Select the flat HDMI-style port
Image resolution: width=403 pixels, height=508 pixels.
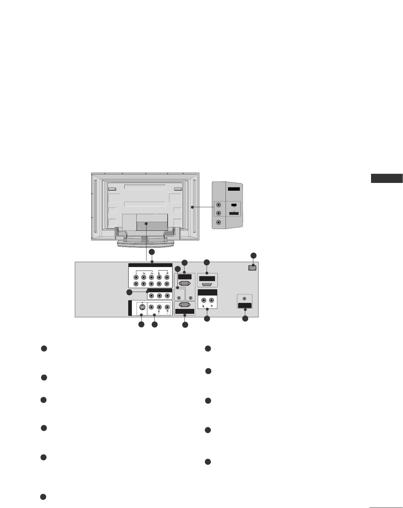(207, 284)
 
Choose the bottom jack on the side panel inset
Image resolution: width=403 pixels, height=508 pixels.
(219, 223)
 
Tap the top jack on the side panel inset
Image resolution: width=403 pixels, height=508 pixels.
(219, 204)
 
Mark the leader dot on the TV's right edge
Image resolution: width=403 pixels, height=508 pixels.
(192, 207)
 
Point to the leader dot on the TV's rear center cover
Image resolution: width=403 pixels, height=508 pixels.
(147, 224)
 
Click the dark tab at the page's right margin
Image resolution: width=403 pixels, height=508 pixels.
(386, 178)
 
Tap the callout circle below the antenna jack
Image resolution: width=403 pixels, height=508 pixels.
(245, 319)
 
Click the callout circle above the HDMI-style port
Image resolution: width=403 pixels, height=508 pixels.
(207, 262)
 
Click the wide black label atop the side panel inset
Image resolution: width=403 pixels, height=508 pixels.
(234, 189)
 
